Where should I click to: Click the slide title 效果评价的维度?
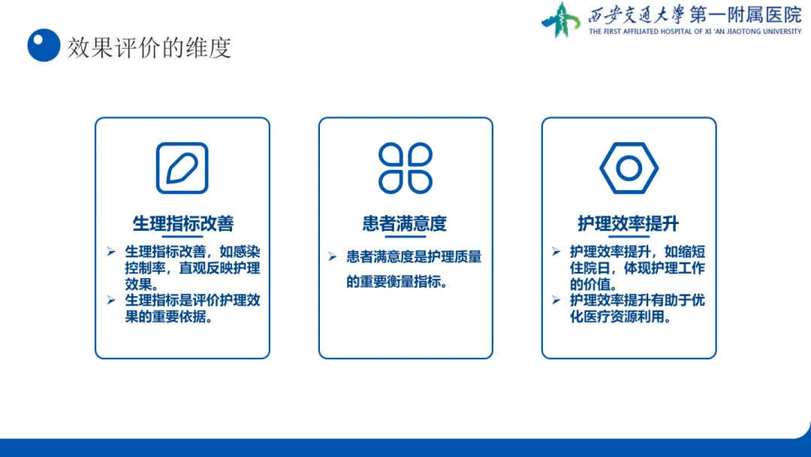[149, 47]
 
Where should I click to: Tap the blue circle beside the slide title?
[44, 45]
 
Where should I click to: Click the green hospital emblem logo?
[561, 20]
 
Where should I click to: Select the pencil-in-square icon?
[182, 168]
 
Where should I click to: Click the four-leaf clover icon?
[405, 168]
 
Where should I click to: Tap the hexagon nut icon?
[629, 168]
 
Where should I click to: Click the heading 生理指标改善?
[183, 223]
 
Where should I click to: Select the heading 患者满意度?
[405, 223]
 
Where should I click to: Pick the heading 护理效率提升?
[629, 223]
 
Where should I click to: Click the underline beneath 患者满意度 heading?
[405, 237]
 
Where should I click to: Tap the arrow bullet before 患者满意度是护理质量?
[332, 256]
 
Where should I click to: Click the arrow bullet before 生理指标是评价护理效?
[110, 300]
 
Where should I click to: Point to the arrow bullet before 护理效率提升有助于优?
[556, 300]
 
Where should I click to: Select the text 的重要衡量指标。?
[397, 282]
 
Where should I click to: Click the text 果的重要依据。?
[169, 316]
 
